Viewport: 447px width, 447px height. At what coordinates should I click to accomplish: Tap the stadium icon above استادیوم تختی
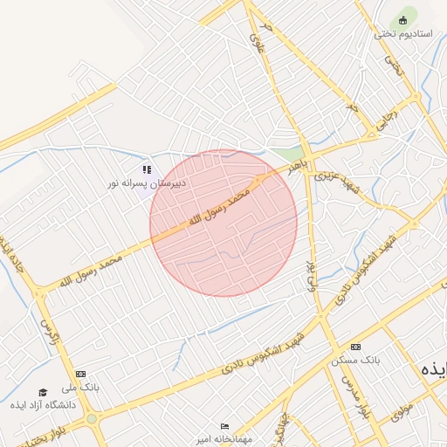[x=402, y=19]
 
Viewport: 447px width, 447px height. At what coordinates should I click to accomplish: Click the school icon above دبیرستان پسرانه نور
[x=147, y=169]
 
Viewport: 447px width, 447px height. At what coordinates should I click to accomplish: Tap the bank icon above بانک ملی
[x=81, y=374]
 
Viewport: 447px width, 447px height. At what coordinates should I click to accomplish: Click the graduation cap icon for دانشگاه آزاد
[x=43, y=392]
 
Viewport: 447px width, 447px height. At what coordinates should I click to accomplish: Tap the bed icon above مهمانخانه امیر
[x=225, y=427]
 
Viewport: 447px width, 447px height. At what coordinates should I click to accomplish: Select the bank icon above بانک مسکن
[x=354, y=347]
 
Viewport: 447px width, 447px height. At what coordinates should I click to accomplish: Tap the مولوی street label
[x=401, y=410]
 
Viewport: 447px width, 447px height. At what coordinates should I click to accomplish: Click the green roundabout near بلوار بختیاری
[x=92, y=420]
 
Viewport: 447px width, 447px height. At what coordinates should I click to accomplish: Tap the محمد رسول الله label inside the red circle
[x=221, y=209]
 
